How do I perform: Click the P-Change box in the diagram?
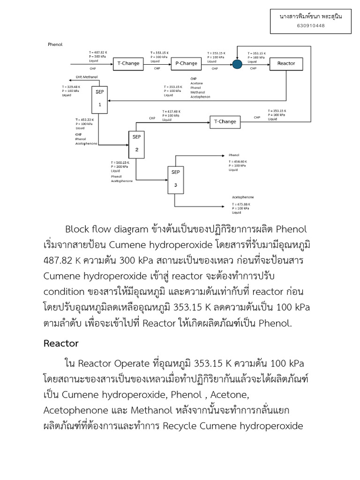pyautogui.click(x=186, y=63)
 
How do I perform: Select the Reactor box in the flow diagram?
pyautogui.click(x=286, y=63)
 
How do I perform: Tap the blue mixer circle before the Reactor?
pyautogui.click(x=237, y=64)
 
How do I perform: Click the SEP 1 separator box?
pyautogui.click(x=99, y=99)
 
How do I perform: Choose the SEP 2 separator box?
pyautogui.click(x=137, y=144)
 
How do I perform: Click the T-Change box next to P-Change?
pyautogui.click(x=128, y=63)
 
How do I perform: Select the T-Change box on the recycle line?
pyautogui.click(x=225, y=122)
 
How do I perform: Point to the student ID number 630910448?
pyautogui.click(x=311, y=25)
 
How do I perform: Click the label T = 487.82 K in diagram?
pyautogui.click(x=98, y=52)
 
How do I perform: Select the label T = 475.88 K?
pyautogui.click(x=241, y=204)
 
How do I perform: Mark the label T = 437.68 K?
pyautogui.click(x=171, y=111)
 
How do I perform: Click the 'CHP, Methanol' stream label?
pyautogui.click(x=87, y=76)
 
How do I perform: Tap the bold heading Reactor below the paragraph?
pyautogui.click(x=61, y=343)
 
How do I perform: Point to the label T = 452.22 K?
pyautogui.click(x=85, y=120)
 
